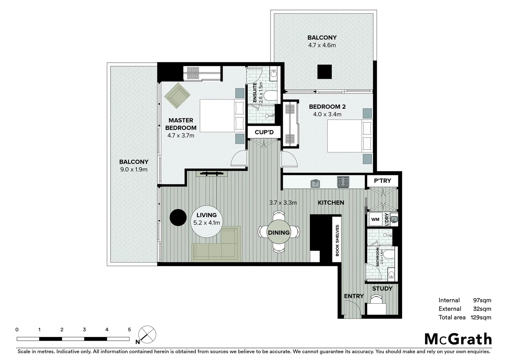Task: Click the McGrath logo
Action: point(458,339)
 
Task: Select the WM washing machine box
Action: point(375,219)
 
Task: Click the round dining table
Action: point(279,232)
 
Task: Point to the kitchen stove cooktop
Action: point(343,182)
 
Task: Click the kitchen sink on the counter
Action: point(315,183)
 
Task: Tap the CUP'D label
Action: point(264,132)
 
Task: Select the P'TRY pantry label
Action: point(382,181)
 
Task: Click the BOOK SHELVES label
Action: point(337,240)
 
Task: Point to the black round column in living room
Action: point(178,218)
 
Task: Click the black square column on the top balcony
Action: point(324,72)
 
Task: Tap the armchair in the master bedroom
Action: point(177,95)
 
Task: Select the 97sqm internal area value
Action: point(482,300)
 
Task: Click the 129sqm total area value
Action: point(481,317)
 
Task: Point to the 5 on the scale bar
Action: point(129,330)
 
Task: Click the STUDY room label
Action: point(382,289)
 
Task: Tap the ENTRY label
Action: point(354,296)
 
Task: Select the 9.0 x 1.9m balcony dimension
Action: point(134,169)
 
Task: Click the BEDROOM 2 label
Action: point(327,107)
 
